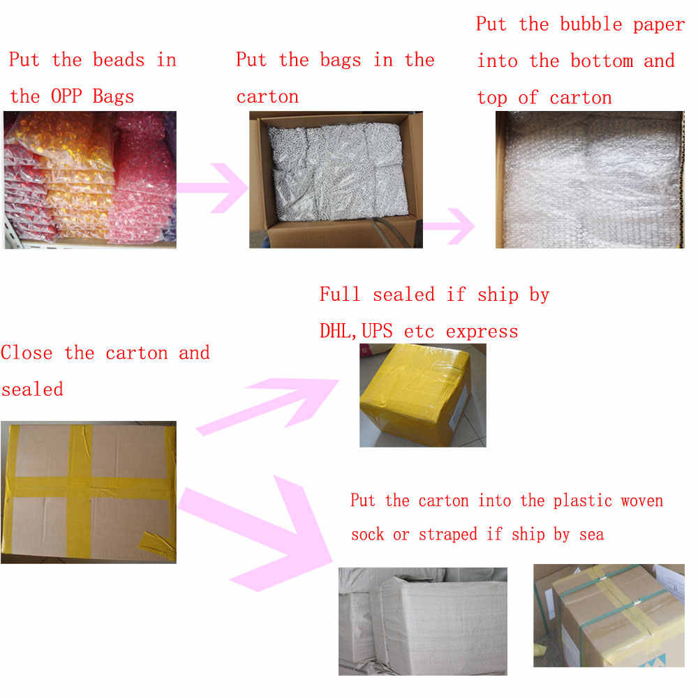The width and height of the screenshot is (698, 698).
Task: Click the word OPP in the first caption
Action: (x=66, y=96)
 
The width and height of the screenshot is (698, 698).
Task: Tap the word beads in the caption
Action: (x=119, y=59)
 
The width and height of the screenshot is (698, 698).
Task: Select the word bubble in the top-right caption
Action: (x=591, y=24)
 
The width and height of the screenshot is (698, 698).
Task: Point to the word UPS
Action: (x=377, y=331)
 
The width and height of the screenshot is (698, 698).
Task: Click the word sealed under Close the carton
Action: (x=32, y=389)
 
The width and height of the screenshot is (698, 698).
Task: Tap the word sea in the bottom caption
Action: (x=591, y=534)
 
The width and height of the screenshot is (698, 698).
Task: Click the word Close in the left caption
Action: (x=27, y=352)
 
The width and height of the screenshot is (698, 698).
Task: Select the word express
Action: (x=482, y=332)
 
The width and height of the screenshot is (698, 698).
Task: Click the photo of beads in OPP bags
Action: (x=90, y=180)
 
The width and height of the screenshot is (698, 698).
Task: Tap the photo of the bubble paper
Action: (x=590, y=180)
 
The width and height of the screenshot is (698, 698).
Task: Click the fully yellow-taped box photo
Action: (x=423, y=395)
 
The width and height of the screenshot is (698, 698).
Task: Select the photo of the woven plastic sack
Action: (x=423, y=621)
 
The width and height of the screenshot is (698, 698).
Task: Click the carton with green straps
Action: (x=609, y=616)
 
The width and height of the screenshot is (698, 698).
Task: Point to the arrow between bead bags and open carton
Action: (x=212, y=188)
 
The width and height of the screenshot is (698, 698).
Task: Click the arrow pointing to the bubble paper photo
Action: (x=449, y=226)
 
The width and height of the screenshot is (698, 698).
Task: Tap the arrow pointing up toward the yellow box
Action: (x=267, y=406)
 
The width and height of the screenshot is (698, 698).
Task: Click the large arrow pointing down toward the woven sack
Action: (x=255, y=533)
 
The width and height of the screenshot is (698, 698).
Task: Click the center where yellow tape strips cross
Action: (x=80, y=488)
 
